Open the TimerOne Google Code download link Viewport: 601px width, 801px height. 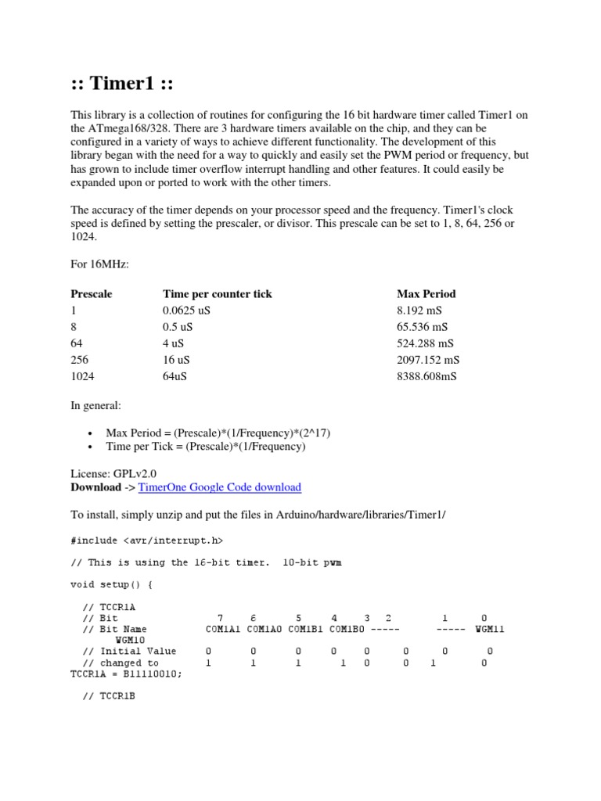click(219, 487)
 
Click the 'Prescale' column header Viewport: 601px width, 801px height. click(92, 294)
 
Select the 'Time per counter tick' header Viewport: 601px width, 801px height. click(218, 294)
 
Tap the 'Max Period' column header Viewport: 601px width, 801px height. click(426, 294)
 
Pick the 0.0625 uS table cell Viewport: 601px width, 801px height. click(187, 311)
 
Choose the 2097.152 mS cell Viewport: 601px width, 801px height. click(429, 360)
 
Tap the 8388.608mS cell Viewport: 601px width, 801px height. click(427, 376)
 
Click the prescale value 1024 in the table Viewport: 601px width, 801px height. click(82, 376)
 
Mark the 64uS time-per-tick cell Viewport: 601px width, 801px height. click(175, 376)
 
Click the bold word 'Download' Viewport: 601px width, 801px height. click(95, 487)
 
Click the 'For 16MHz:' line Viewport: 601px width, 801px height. click(99, 265)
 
